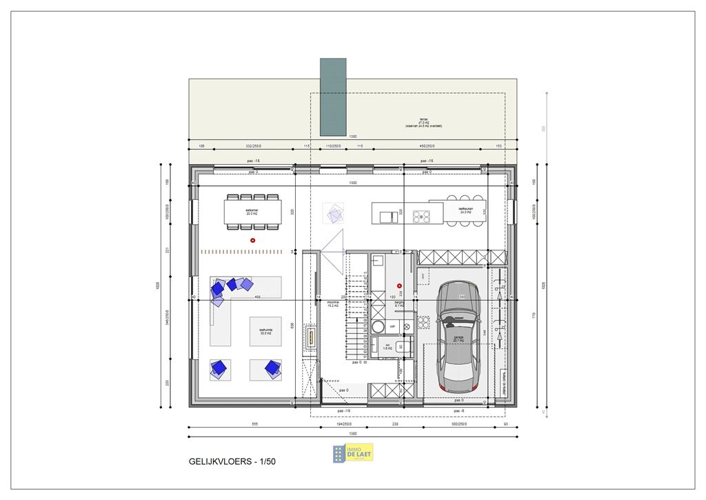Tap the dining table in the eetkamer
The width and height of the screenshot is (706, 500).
(x=252, y=212)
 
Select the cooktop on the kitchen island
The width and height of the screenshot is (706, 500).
(x=421, y=216)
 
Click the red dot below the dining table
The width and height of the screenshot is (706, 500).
(x=253, y=240)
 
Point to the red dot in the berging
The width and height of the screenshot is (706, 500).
(x=399, y=286)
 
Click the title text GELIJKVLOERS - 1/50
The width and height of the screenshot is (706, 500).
(x=231, y=461)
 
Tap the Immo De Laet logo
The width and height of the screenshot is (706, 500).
(x=353, y=452)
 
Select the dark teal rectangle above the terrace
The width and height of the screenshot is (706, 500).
(x=333, y=97)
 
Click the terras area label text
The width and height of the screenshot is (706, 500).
(x=423, y=123)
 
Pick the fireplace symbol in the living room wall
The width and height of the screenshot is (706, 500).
(x=311, y=337)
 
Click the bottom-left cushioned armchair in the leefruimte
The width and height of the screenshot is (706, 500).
(x=220, y=369)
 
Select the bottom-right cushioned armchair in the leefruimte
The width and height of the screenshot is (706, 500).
(x=273, y=369)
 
